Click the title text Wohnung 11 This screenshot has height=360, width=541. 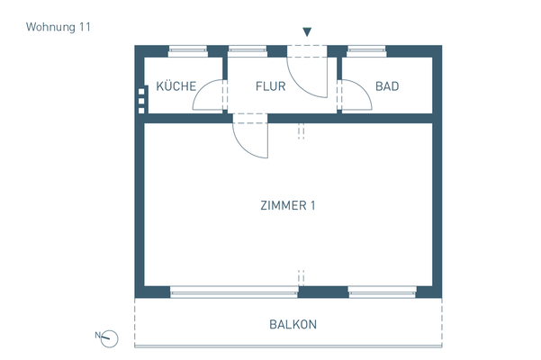pos(59,27)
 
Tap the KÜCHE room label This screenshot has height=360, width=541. pos(177,87)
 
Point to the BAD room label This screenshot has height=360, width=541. pos(387,87)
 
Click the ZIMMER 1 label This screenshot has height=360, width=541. pos(287,205)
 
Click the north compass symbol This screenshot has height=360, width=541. pos(110,337)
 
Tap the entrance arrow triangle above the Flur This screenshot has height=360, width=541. pos(307,32)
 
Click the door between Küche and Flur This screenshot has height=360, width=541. pos(210,95)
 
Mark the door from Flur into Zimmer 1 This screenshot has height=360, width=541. pos(249,137)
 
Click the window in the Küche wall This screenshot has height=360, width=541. pos(188,50)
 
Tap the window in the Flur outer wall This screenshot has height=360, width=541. pos(244,50)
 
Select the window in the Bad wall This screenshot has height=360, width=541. pos(367,50)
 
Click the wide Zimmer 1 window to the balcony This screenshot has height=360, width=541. pos(234,292)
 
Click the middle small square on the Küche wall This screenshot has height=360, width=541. pos(141,100)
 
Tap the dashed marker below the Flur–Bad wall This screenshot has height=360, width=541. pos(302,132)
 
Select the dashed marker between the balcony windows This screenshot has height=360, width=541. pos(302,277)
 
